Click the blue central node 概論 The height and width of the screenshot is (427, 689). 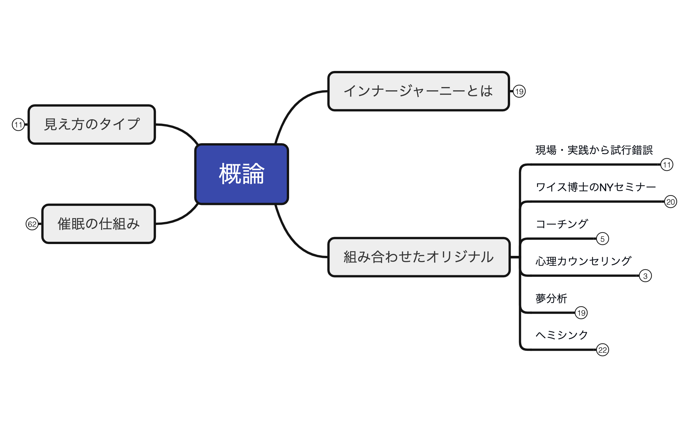point(242,174)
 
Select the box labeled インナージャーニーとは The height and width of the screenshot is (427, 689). point(418,91)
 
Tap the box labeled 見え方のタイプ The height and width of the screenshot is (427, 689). point(92,124)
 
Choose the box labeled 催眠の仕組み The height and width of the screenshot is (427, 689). point(99,224)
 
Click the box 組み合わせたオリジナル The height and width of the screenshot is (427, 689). point(419,257)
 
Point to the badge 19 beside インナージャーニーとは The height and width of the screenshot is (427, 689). point(519,91)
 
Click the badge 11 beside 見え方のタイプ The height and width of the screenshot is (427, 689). point(18,124)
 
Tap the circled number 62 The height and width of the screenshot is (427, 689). point(32,224)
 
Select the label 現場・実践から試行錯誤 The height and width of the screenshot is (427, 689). point(594,150)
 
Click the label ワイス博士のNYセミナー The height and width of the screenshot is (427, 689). point(596,187)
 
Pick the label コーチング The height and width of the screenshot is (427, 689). point(562,224)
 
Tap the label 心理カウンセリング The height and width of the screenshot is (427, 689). point(583,261)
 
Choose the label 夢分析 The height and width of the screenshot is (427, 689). point(551,298)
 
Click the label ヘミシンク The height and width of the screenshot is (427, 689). point(562,335)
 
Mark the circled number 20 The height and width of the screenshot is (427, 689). point(671,202)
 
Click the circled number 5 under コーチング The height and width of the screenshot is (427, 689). point(603,239)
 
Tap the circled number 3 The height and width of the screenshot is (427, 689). point(645,276)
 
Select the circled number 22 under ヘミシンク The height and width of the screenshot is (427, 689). point(603,350)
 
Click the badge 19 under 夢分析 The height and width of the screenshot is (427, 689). point(581,313)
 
